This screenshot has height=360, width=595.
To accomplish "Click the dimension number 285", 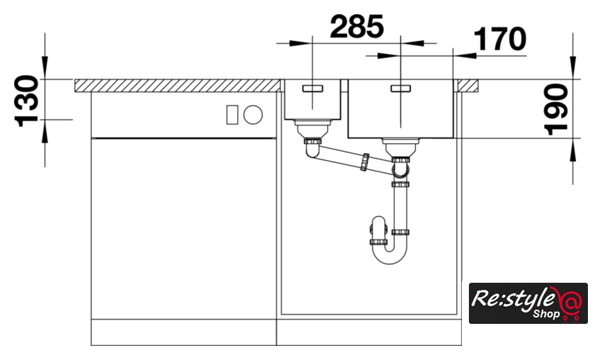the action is [357, 27].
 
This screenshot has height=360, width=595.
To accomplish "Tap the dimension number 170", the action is [500, 39].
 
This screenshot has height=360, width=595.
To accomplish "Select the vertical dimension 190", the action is [556, 109].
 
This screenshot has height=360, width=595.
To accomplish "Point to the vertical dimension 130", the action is [27, 101].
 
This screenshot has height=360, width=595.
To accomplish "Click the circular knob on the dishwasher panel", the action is [253, 114].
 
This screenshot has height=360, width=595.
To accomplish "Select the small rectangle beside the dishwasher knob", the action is [232, 115].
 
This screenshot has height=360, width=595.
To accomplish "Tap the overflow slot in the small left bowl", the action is [312, 89].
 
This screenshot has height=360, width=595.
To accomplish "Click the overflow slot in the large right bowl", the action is [401, 89].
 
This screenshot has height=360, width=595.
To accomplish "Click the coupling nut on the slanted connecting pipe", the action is [365, 162].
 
